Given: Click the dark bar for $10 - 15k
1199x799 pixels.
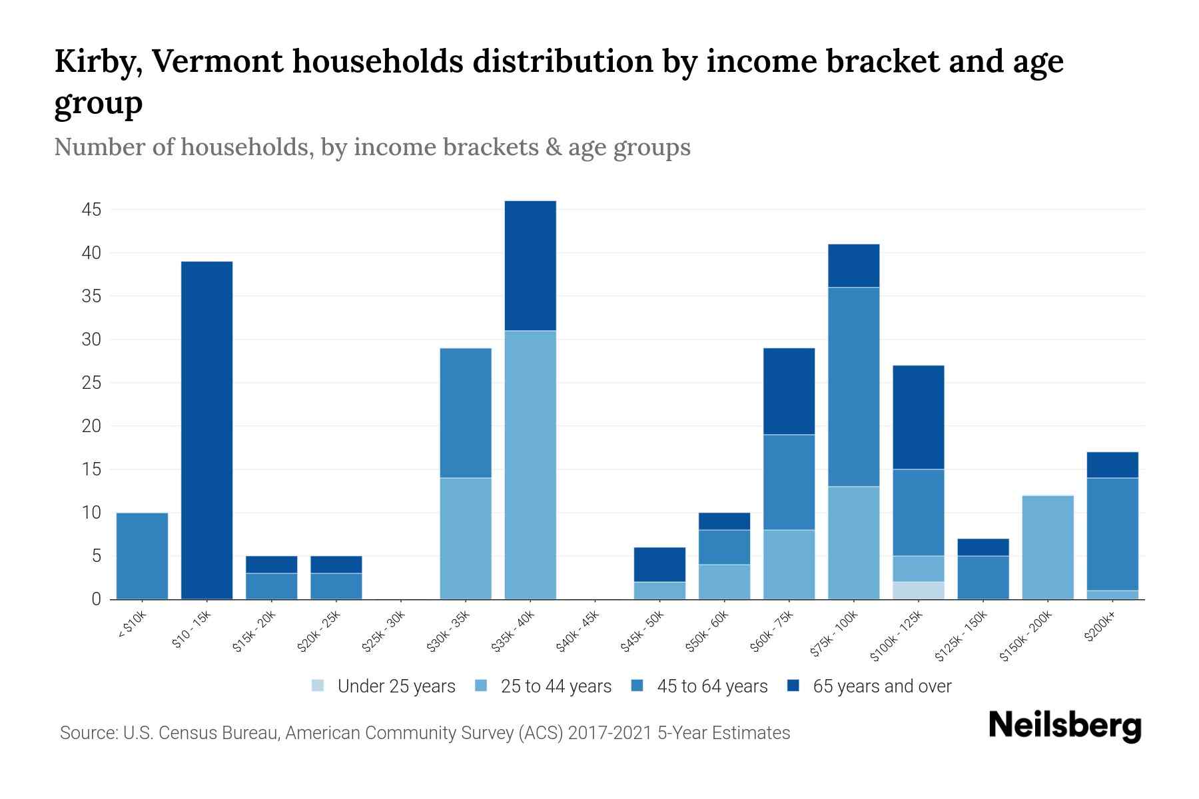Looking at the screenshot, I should coord(206,430).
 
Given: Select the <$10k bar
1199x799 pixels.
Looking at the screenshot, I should coord(142,556).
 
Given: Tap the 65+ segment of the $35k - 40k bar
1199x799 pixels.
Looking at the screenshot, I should coord(530,266).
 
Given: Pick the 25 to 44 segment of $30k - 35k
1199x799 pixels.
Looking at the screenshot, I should coord(466,538).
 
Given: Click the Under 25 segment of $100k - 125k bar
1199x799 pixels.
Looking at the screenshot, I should coord(919,591).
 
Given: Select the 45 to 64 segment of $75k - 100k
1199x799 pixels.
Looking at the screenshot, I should coord(853,387).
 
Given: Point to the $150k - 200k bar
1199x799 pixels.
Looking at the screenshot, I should coord(1048,547).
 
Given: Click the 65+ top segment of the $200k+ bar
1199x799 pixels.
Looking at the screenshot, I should coord(1112,465).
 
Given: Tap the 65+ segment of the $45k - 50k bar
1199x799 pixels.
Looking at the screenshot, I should coord(659,565).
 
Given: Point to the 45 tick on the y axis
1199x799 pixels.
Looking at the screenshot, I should coord(91,210).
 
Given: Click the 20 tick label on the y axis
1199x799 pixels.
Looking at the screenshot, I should coord(91,426).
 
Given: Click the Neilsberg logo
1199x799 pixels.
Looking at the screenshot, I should coord(1064,726).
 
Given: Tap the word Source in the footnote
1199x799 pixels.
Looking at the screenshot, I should coord(87,733).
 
